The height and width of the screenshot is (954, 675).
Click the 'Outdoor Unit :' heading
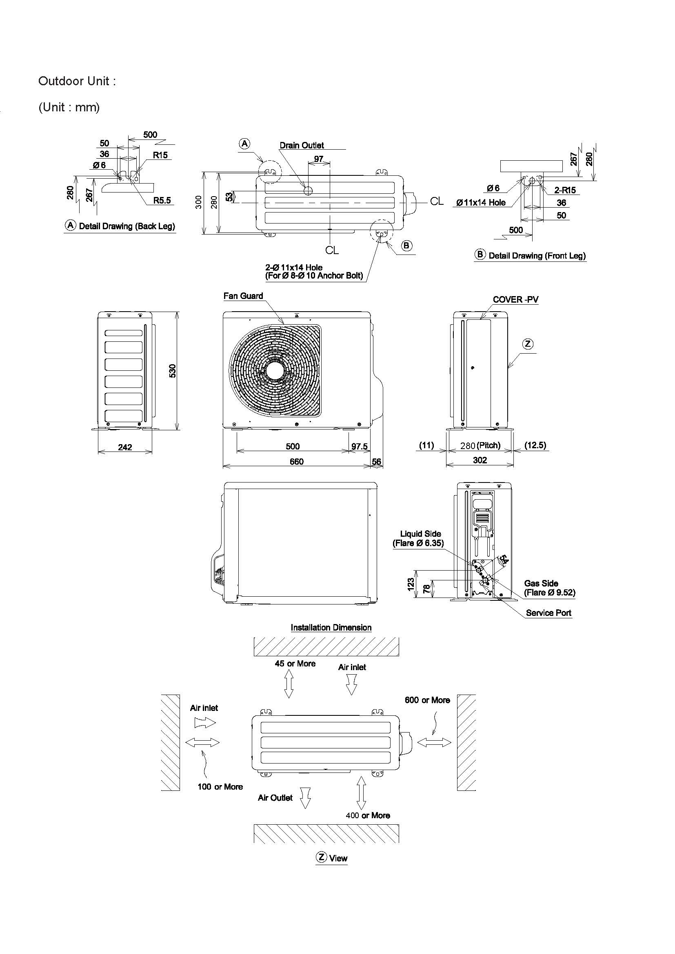tap(77, 81)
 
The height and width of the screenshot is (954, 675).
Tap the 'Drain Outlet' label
tap(301, 146)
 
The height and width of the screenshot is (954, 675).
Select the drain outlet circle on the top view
tap(309, 191)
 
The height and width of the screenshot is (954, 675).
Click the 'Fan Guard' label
tap(243, 296)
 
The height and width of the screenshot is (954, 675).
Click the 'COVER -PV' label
tap(515, 300)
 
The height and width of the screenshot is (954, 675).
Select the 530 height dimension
tap(173, 371)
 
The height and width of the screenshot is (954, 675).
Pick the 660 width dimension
tap(296, 461)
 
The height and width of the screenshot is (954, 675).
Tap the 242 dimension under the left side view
tap(125, 447)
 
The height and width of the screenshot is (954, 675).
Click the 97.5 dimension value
tap(359, 446)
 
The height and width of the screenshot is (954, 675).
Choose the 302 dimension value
tap(480, 460)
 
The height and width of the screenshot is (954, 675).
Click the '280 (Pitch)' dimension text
tap(480, 445)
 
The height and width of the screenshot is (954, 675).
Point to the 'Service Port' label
tap(548, 613)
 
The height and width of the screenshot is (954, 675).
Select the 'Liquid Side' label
tap(420, 534)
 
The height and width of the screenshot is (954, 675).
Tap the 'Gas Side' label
tap(541, 583)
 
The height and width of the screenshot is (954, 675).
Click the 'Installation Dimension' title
tap(331, 627)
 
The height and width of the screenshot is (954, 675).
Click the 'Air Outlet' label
tap(275, 798)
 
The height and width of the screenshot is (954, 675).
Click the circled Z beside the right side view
tap(527, 344)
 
